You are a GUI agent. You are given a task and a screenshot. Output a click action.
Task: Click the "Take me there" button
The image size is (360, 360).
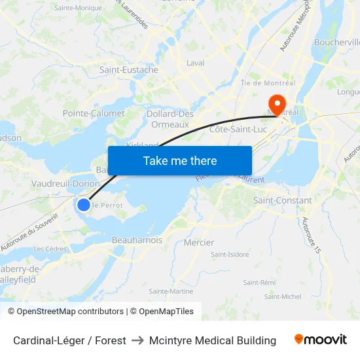tap(180, 160)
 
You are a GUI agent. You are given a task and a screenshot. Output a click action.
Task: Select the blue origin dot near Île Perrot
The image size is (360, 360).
tap(84, 205)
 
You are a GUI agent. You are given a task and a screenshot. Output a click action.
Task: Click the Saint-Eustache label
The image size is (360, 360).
tap(128, 70)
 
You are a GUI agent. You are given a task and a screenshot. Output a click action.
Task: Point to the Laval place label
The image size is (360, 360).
tap(196, 63)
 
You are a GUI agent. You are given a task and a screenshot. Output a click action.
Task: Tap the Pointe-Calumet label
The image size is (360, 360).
tap(94, 113)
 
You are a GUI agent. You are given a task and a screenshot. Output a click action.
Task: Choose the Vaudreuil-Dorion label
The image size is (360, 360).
tap(65, 184)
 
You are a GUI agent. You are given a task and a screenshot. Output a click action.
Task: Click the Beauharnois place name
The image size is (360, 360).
tap(137, 240)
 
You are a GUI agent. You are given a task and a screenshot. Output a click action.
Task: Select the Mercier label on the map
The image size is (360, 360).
tap(199, 243)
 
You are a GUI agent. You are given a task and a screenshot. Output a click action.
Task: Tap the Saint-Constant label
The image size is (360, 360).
tap(283, 200)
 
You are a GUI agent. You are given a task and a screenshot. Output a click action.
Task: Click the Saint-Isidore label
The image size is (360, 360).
tap(229, 255)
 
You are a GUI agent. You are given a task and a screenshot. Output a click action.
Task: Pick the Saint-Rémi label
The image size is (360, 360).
tap(259, 282)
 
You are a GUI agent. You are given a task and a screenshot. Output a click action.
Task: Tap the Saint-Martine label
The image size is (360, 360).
tap(171, 291)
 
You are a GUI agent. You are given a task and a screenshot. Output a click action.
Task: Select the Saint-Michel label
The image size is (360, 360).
tap(283, 297)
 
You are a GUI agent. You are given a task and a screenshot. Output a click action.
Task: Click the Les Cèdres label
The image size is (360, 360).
tap(50, 249)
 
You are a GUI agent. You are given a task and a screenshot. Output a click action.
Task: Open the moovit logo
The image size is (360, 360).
tap(321, 340)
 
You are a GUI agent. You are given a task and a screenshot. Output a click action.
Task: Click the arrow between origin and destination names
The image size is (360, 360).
tap(137, 340)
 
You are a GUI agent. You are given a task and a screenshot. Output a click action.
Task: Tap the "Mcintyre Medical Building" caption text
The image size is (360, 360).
tap(213, 340)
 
